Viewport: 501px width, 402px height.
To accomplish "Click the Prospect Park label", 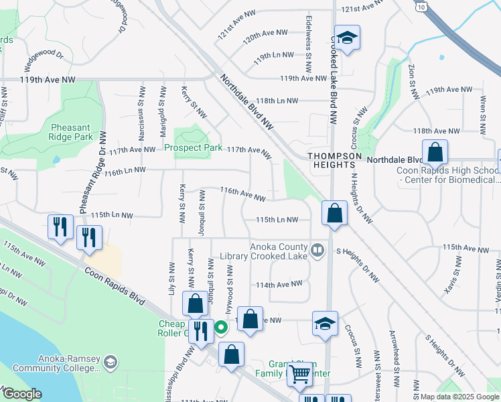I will tap(189, 148).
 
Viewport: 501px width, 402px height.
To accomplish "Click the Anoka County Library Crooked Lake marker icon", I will tap(318, 251).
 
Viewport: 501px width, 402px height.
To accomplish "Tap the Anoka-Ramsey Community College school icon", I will tap(110, 362).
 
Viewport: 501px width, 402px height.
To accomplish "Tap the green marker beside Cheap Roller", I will tap(221, 327).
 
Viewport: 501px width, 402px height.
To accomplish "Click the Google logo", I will tap(22, 394).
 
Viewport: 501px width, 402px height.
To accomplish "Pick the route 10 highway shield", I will tap(420, 5).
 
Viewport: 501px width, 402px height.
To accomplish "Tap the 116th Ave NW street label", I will tap(243, 194).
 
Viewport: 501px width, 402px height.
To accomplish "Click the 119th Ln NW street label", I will tap(273, 55).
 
